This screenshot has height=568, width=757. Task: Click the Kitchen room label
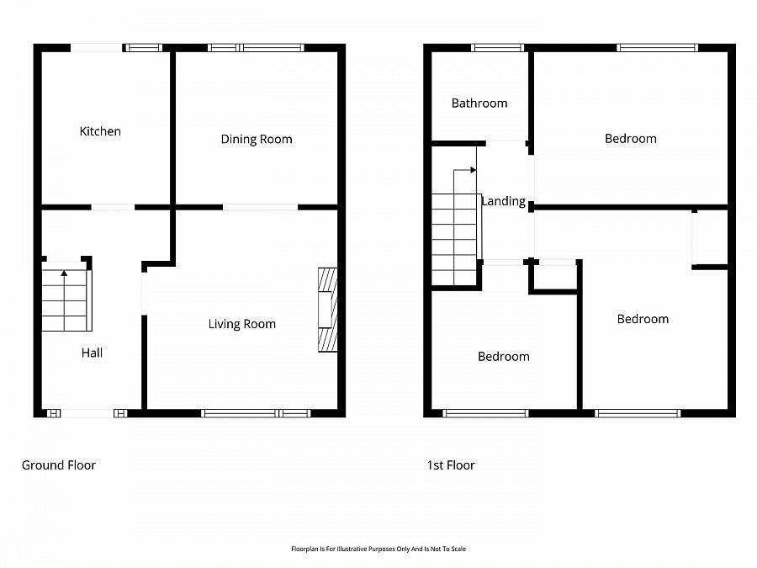(x=100, y=131)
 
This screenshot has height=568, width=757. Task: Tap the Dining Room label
(x=257, y=140)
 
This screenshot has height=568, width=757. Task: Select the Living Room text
(x=242, y=324)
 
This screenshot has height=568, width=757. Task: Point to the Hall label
(x=92, y=353)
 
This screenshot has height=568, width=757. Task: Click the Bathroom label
(x=479, y=104)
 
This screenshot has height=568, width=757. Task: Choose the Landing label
(x=504, y=201)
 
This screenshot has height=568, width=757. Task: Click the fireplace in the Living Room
(x=328, y=310)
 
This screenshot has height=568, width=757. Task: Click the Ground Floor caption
(x=59, y=465)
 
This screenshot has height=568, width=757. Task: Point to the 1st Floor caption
(x=451, y=465)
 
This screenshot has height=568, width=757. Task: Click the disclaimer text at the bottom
(x=378, y=549)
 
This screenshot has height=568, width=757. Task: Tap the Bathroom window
(x=497, y=47)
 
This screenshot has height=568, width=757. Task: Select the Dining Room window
(x=256, y=47)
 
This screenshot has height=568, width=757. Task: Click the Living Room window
(x=256, y=413)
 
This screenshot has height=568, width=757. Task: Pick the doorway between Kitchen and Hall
(x=113, y=207)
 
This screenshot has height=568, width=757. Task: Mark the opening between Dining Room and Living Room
(x=260, y=207)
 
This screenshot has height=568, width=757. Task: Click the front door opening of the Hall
(x=87, y=413)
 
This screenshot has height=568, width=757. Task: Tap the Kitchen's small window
(x=142, y=47)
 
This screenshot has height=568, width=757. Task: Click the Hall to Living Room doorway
(x=144, y=294)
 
